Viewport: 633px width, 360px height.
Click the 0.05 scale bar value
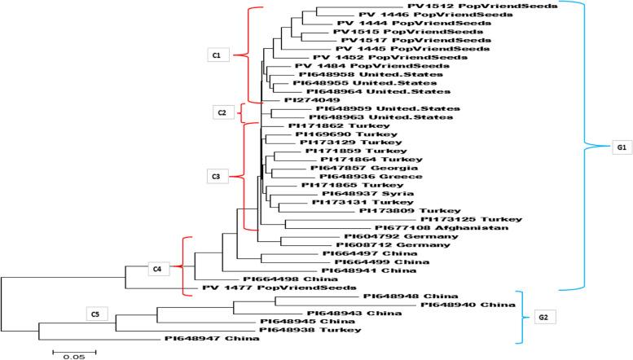pyautogui.click(x=74, y=356)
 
